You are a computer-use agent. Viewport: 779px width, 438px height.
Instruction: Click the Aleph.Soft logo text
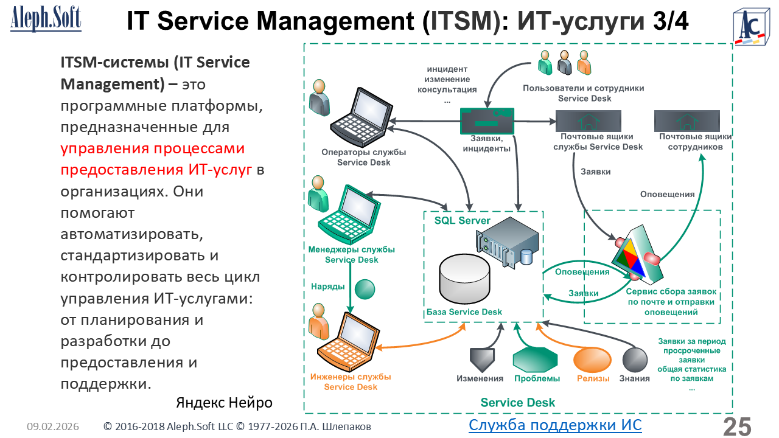click(46, 18)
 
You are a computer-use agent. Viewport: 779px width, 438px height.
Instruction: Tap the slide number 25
click(737, 426)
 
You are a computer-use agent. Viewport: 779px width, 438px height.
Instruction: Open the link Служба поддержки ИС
click(555, 424)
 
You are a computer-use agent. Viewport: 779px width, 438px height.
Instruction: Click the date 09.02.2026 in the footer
click(53, 427)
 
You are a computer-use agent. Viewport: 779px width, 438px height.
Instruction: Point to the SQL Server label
click(463, 220)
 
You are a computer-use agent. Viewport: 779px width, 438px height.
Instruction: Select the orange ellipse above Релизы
click(592, 360)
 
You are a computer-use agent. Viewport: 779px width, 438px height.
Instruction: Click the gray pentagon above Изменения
click(482, 359)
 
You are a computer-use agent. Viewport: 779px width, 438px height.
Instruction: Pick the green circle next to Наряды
click(365, 288)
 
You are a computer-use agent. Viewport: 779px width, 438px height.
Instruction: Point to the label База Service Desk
click(464, 312)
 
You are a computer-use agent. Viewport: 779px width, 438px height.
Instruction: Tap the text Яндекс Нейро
click(224, 403)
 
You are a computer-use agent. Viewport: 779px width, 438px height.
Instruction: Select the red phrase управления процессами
click(152, 150)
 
